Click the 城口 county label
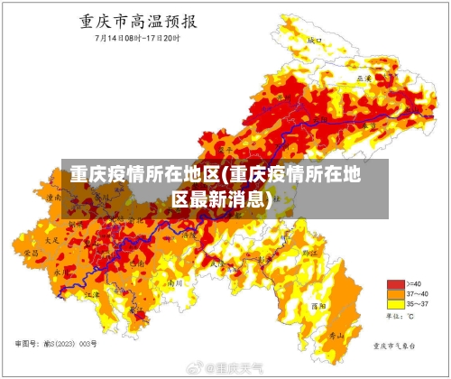pos(315,41)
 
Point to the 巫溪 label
pos(364,79)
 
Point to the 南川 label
pos(178,282)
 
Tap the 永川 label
pos(60,270)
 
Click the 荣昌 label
pos(32,254)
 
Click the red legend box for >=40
pos(395,283)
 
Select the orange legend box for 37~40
pos(395,293)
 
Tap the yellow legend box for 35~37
pos(395,304)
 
